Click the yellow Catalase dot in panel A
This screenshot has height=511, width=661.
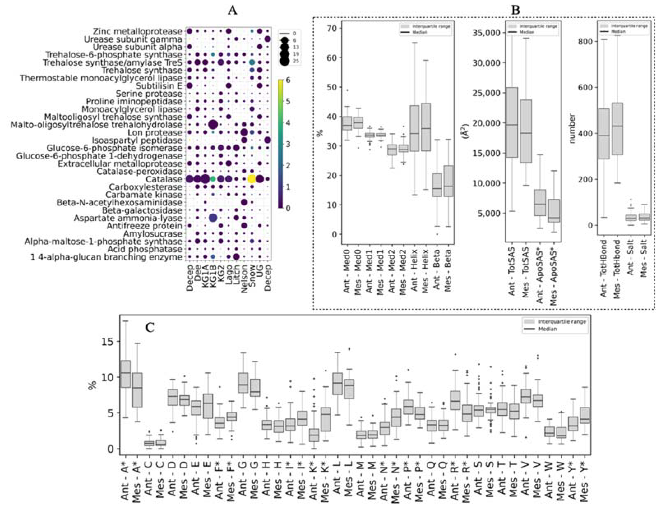[x=251, y=179]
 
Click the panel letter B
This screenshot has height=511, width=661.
[x=515, y=11]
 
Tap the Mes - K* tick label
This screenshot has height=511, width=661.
[x=325, y=479]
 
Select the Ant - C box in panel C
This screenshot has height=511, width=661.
[x=149, y=443]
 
